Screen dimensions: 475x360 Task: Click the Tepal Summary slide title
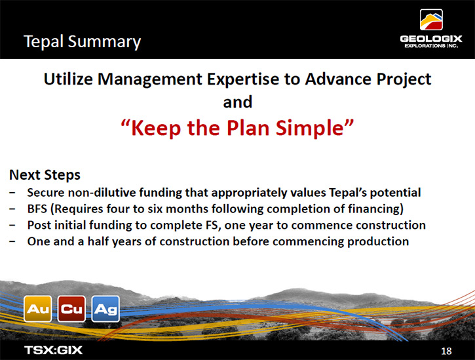[x=82, y=42]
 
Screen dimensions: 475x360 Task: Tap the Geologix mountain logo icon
[x=431, y=20]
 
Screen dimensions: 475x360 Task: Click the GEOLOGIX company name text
[x=431, y=39]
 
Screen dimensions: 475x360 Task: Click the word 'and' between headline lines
[x=237, y=102]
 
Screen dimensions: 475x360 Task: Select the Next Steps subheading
[x=45, y=175]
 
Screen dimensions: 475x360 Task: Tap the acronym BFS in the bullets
[x=37, y=209]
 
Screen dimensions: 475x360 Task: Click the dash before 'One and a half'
[x=12, y=242]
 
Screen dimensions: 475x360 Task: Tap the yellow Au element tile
[x=38, y=309]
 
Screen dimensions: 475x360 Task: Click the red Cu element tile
[x=71, y=309]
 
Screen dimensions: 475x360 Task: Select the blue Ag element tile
[x=105, y=309]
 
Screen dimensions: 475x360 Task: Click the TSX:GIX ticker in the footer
[x=53, y=350]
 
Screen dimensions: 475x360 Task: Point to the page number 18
[x=446, y=351]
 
